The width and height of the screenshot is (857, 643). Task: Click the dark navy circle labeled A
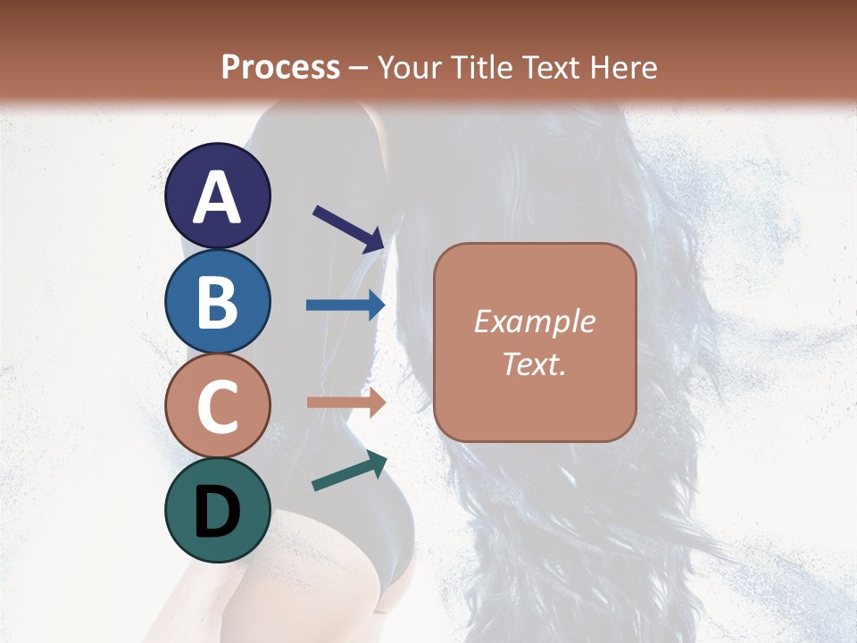point(217,196)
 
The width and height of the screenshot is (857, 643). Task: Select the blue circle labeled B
point(217,301)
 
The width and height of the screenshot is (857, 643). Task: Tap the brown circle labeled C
point(217,405)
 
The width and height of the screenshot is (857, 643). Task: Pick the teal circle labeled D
point(217,510)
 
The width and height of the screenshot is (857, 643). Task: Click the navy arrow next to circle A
point(348,228)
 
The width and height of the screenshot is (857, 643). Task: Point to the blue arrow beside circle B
point(345,305)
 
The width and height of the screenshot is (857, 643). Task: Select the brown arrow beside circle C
point(345,403)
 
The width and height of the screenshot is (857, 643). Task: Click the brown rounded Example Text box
point(535,342)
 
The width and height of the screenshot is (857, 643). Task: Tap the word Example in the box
point(535,321)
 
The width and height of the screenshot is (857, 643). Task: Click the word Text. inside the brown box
point(535,364)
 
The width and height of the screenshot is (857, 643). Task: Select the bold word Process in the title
point(280,67)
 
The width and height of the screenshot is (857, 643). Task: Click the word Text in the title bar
point(550,67)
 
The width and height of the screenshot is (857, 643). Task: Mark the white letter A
point(217,197)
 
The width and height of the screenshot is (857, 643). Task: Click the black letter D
point(217,512)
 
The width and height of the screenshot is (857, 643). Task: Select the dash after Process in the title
point(359,69)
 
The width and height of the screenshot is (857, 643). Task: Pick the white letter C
point(217,407)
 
